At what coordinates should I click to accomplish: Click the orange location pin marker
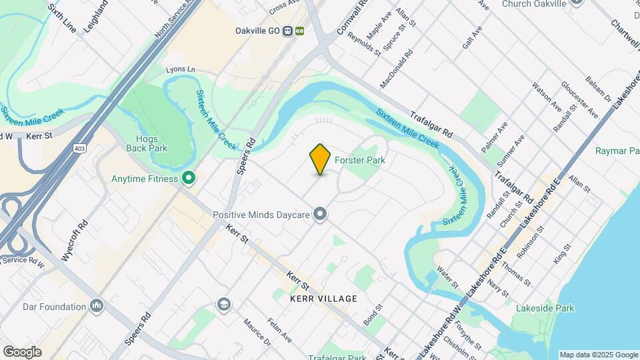[321, 159]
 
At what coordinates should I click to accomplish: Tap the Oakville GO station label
[257, 31]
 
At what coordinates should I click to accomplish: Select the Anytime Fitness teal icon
[189, 178]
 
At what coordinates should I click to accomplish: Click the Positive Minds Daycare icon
[321, 214]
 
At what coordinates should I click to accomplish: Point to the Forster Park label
[360, 160]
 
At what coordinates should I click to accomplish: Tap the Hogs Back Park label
[147, 143]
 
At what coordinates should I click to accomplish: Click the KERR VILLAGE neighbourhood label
[324, 299]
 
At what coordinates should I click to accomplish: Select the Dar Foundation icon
[97, 307]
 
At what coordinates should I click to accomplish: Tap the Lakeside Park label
[545, 308]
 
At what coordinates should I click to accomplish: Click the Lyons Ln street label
[181, 69]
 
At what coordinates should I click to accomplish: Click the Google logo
[22, 351]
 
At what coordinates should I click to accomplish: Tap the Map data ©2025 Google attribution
[598, 355]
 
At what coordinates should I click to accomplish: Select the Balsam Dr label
[599, 93]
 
